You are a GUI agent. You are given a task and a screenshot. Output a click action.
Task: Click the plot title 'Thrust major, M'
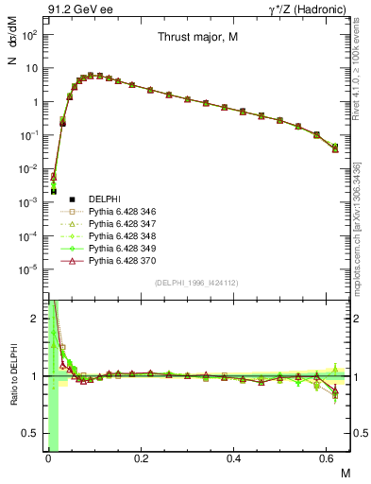pos(197,38)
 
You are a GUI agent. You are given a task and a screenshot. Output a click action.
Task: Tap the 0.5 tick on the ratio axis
pos(37,433)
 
